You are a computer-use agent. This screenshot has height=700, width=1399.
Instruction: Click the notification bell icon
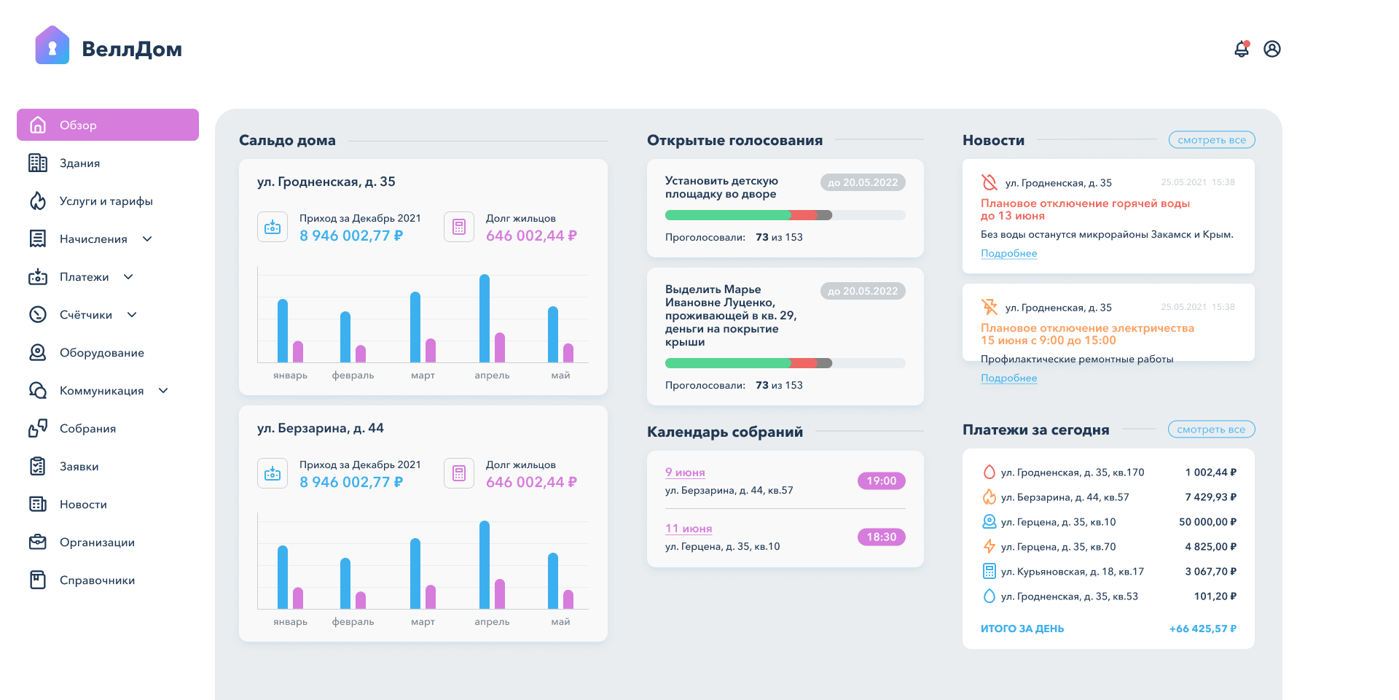pos(1242,49)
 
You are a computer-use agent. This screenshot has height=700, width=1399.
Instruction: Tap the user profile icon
pos(1272,49)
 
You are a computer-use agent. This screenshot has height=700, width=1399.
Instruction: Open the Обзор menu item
pos(108,125)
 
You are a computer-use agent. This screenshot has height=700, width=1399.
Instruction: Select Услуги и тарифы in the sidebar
pos(106,201)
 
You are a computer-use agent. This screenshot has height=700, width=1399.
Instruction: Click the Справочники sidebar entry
pos(98,580)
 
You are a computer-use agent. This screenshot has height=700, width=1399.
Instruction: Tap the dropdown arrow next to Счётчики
pos(132,315)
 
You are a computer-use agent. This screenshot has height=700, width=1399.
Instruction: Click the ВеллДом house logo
pos(52,45)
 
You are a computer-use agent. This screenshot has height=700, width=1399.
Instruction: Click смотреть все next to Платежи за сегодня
pos(1211,429)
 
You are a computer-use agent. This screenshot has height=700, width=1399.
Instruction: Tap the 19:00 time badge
pos(882,481)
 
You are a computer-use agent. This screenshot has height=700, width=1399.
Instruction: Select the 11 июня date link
pos(689,529)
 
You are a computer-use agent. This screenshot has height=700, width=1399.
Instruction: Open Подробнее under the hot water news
pos(1009,253)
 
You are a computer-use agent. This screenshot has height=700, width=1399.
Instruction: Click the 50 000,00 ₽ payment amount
pos(1207,522)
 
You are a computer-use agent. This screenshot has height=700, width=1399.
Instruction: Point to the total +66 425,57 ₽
pos(1203,629)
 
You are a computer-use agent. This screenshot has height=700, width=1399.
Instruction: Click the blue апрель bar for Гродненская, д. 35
pos(485,318)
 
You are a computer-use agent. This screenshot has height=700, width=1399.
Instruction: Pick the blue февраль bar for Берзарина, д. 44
pos(345,583)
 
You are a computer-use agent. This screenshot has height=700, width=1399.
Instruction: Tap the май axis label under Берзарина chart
pos(560,622)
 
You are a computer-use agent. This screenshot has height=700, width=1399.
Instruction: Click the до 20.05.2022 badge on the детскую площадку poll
pos(863,182)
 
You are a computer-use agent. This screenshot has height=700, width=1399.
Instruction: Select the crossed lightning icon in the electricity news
pos(989,307)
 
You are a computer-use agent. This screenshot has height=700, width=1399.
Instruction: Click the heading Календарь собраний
pos(725,432)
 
